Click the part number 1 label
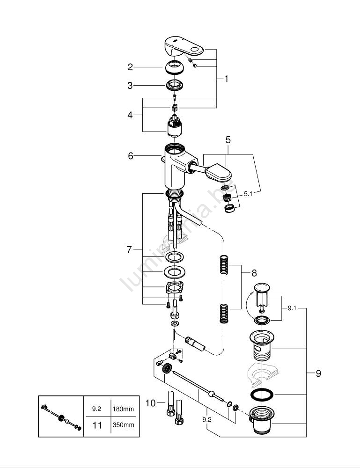point(226,79)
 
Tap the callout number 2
point(131,67)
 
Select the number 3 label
point(131,86)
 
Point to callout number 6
point(131,156)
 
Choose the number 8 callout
point(254,272)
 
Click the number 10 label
point(149,402)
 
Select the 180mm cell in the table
point(123,409)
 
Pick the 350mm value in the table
point(123,425)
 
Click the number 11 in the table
point(96,425)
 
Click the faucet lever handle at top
point(185,47)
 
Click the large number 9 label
point(318,373)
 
